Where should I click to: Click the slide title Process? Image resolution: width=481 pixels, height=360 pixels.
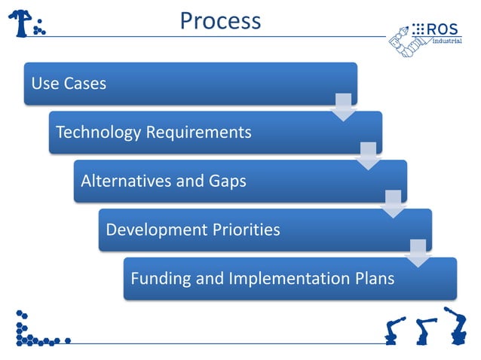pos(220,20)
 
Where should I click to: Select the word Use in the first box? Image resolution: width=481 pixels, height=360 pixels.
pos(44,84)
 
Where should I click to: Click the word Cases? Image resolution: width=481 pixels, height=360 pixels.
pos(84,84)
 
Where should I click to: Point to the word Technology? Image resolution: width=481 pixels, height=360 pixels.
pos(98,133)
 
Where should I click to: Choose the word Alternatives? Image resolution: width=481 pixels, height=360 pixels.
pos(125,181)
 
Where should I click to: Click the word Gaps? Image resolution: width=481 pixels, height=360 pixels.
pos(225,181)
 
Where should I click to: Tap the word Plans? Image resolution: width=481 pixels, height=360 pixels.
pos(375,278)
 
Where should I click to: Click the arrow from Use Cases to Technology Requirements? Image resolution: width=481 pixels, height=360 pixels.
pos(343,108)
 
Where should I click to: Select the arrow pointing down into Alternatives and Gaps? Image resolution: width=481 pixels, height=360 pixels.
pos(368,156)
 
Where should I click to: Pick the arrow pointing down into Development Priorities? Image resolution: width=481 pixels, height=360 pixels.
pos(393,204)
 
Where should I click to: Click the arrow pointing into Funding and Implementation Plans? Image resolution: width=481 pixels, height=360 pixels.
pos(418,253)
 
